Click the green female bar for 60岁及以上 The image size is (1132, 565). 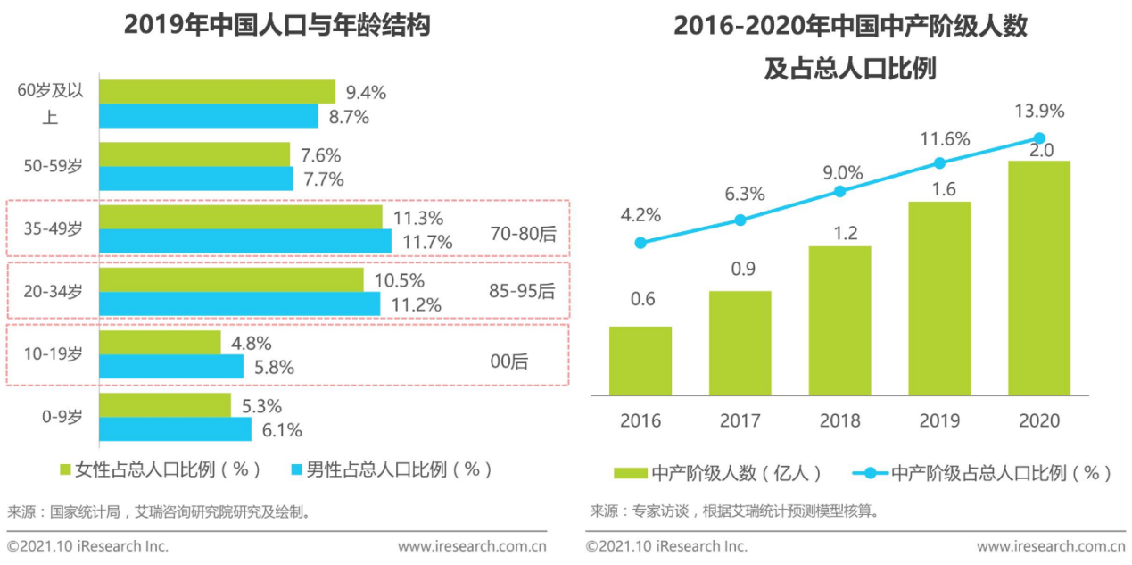tap(217, 92)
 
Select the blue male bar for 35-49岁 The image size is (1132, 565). tap(244, 241)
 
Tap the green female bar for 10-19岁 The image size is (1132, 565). tap(160, 343)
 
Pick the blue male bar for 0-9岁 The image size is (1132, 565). tap(175, 429)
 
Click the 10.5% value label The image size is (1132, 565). tap(398, 280)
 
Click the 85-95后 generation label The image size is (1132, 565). tap(522, 291)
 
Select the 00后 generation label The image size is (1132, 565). tap(508, 361)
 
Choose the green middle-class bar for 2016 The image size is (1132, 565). tap(640, 361)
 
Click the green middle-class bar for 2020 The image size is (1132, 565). tap(1039, 278)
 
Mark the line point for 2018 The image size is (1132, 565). tap(839, 191)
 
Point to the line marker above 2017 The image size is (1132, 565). tap(740, 220)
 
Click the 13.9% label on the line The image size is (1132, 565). tap(1039, 112)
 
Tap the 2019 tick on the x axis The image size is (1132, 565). tap(939, 420)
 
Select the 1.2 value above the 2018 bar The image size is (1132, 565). tap(839, 233)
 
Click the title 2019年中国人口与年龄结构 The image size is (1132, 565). tap(277, 26)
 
